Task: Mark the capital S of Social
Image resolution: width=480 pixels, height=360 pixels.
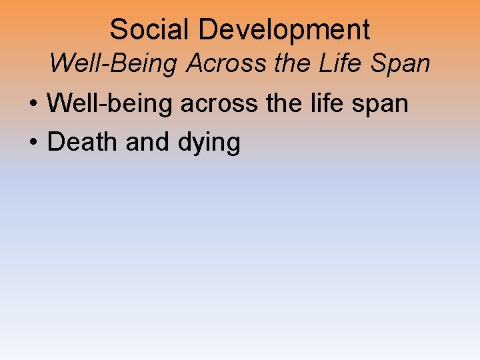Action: pos(118,30)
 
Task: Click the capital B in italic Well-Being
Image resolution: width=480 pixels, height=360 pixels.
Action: pos(124,63)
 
